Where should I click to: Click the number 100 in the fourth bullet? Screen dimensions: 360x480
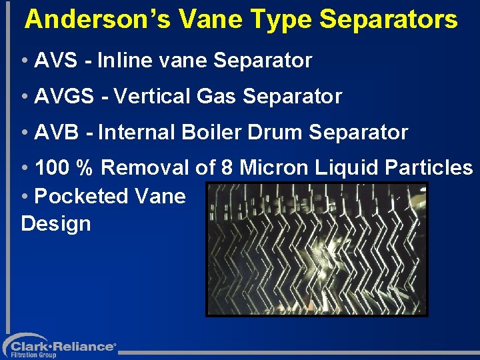tap(53, 167)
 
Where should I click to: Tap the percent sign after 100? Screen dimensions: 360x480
tap(85, 167)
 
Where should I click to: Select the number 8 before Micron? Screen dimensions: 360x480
tap(226, 167)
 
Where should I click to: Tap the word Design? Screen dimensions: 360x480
tap(56, 223)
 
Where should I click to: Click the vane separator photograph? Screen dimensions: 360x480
tap(316, 249)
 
